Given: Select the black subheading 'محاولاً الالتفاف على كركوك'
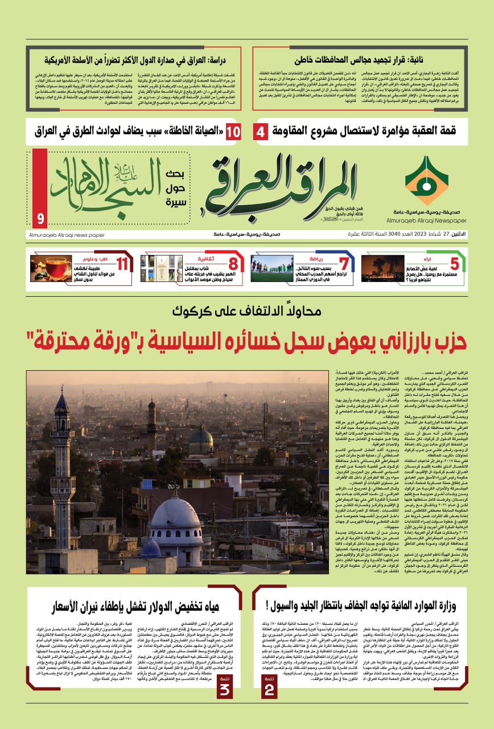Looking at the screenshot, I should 247,311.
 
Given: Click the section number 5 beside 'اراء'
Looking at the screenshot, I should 454,264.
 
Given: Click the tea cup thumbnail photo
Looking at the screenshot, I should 51,268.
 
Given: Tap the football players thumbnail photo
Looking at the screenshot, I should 271,268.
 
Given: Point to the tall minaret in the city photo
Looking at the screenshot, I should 61,456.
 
